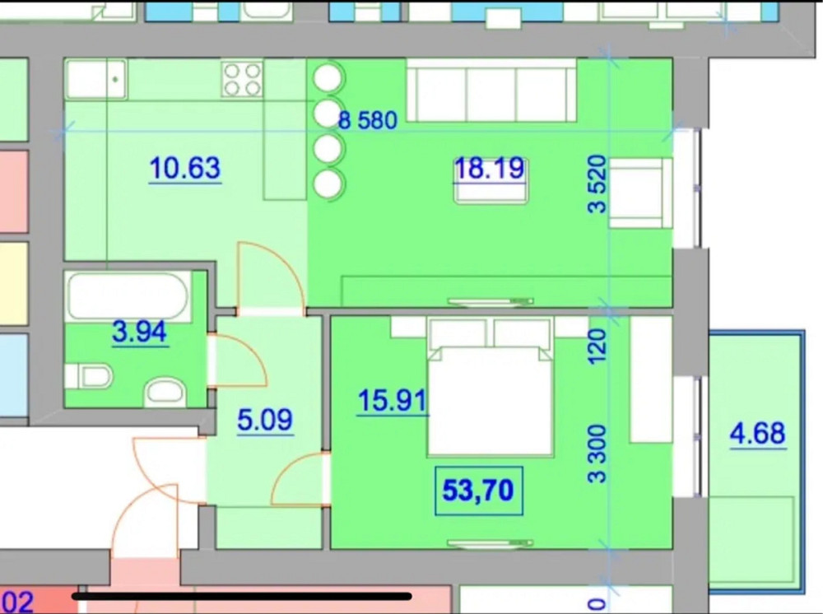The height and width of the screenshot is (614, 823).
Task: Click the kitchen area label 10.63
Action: [185, 168]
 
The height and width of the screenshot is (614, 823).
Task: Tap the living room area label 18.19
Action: [489, 168]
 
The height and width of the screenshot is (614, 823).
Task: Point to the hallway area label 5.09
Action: [264, 420]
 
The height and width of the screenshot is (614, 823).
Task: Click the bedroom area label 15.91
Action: [392, 401]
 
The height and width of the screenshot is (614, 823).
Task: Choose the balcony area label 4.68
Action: [757, 433]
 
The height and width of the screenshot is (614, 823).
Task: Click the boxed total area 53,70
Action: [478, 491]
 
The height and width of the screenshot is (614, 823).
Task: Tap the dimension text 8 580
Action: [368, 121]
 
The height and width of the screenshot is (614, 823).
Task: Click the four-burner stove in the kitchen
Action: [242, 80]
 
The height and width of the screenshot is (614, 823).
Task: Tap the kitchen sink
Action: [96, 80]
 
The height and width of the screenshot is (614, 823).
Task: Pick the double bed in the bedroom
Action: [489, 391]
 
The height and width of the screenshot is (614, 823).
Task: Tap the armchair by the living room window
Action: [640, 193]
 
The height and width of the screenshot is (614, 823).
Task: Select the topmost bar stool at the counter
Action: [328, 78]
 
